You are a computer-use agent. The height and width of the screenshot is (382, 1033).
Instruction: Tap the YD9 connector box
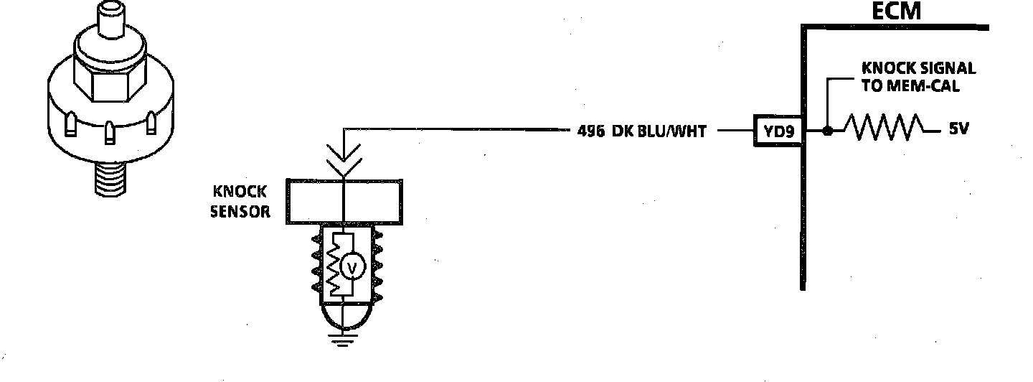pyautogui.click(x=777, y=131)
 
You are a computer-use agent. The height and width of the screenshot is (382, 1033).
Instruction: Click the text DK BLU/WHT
pyautogui.click(x=660, y=132)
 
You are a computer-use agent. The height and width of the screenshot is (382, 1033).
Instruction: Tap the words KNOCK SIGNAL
pyautogui.click(x=918, y=68)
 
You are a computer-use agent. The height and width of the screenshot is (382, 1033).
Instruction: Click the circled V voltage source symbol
pyautogui.click(x=352, y=267)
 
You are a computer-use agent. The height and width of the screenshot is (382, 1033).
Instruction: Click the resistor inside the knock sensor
pyautogui.click(x=334, y=266)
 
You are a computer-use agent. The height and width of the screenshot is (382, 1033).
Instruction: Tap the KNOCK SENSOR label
pyautogui.click(x=240, y=202)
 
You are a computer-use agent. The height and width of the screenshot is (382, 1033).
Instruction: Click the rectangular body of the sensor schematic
pyautogui.click(x=345, y=199)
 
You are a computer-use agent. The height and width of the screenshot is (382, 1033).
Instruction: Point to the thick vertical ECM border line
pyautogui.click(x=803, y=180)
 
